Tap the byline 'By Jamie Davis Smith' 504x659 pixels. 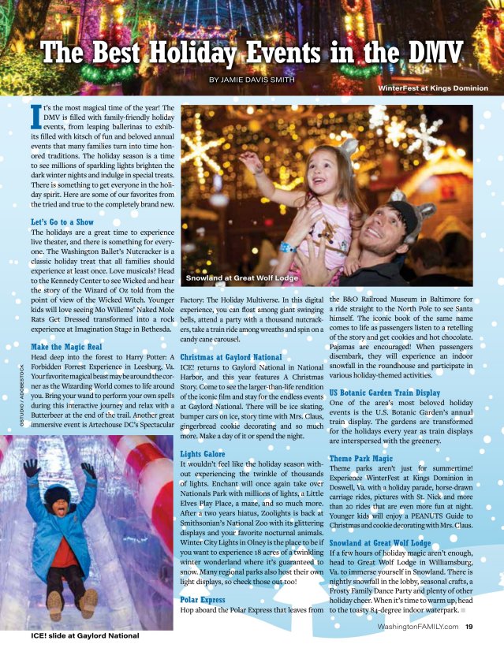252,80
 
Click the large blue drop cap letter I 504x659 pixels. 35,116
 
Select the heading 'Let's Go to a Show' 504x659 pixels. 62,222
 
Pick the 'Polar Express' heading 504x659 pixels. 203,599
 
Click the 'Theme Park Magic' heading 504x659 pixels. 360,458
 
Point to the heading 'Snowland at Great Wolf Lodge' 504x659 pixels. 379,543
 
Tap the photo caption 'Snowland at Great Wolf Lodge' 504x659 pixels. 241,279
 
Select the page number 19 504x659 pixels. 469,627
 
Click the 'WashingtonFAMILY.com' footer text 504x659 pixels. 418,627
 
